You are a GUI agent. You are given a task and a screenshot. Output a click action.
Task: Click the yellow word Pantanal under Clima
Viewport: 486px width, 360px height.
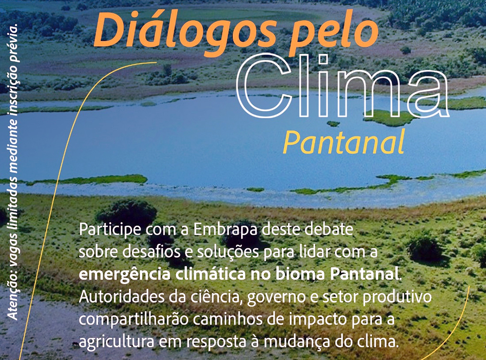click(x=344, y=142)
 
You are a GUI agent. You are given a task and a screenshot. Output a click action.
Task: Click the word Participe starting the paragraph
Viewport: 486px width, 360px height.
click(x=110, y=230)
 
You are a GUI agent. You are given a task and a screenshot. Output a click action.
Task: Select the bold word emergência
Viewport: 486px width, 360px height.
click(x=125, y=275)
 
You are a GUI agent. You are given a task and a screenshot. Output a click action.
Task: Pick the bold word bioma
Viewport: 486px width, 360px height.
click(x=300, y=274)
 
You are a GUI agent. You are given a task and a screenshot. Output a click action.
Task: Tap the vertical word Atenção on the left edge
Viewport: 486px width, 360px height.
click(x=13, y=301)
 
